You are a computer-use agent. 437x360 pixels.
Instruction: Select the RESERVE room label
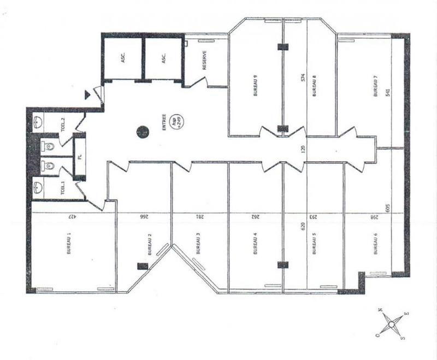point(204,61)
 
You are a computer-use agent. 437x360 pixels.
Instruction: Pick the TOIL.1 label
point(63,188)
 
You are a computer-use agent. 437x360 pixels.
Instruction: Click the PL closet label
point(80,156)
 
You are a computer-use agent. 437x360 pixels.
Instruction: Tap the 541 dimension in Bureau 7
point(387,93)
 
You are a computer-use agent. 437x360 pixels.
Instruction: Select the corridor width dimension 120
point(299,148)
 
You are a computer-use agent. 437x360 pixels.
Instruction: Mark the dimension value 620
point(300,226)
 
